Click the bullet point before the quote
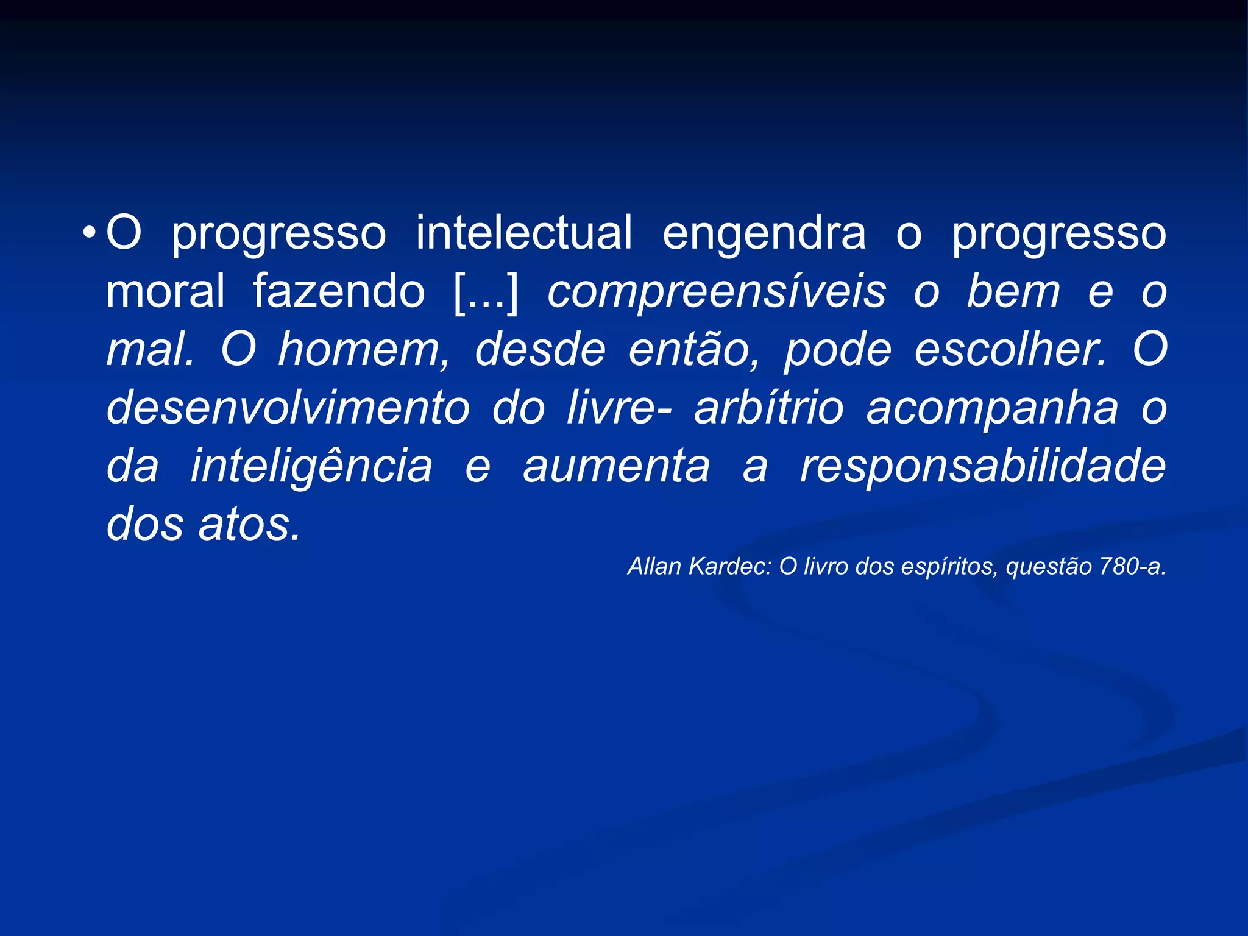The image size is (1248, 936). pyautogui.click(x=90, y=233)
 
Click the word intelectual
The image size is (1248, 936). pyautogui.click(x=524, y=233)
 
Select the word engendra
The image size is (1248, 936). pyautogui.click(x=764, y=233)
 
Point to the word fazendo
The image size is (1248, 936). pyautogui.click(x=339, y=291)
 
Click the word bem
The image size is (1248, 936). pyautogui.click(x=1013, y=291)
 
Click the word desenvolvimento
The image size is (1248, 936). pyautogui.click(x=288, y=408)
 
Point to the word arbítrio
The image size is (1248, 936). pyautogui.click(x=768, y=408)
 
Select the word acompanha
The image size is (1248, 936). pyautogui.click(x=992, y=408)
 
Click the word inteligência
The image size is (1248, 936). pyautogui.click(x=311, y=466)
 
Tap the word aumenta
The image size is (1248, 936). pyautogui.click(x=617, y=466)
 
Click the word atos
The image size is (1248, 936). pyautogui.click(x=250, y=525)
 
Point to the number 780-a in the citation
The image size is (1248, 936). pyautogui.click(x=1133, y=567)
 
